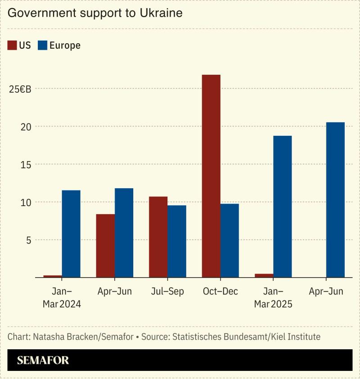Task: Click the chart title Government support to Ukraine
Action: pyautogui.click(x=95, y=13)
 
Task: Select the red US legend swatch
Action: pyautogui.click(x=12, y=45)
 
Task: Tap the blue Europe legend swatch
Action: pyautogui.click(x=42, y=45)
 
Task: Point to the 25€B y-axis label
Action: pyautogui.click(x=20, y=89)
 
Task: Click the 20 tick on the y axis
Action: pyautogui.click(x=26, y=126)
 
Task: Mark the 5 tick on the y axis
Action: pyautogui.click(x=28, y=240)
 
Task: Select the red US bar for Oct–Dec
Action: pyautogui.click(x=211, y=176)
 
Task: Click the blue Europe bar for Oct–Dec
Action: pyautogui.click(x=229, y=240)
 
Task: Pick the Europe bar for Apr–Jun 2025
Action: pyautogui.click(x=335, y=200)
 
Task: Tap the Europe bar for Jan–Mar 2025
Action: pyautogui.click(x=282, y=207)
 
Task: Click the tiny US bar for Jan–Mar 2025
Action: pyautogui.click(x=264, y=275)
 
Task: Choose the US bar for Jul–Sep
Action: pyautogui.click(x=158, y=237)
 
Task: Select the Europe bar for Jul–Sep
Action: pyautogui.click(x=177, y=241)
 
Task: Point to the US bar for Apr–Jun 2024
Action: pyautogui.click(x=105, y=246)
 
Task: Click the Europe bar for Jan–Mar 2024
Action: pyautogui.click(x=71, y=234)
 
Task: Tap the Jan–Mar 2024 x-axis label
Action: pyautogui.click(x=62, y=298)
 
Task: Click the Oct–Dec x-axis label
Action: pyautogui.click(x=220, y=292)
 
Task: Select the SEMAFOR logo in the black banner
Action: pyautogui.click(x=43, y=360)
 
